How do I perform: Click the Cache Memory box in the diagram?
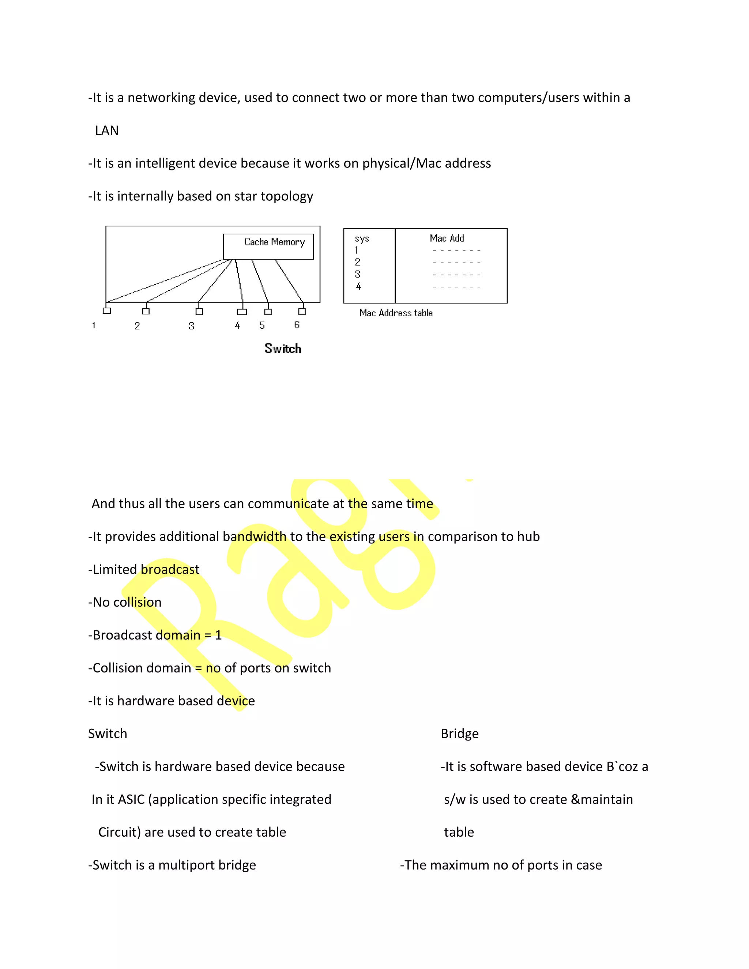tap(268, 246)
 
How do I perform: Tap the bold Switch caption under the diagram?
tap(283, 349)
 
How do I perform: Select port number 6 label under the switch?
tap(297, 325)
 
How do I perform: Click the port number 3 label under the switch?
tap(191, 326)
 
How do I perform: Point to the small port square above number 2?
tap(146, 311)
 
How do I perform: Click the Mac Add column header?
tap(447, 238)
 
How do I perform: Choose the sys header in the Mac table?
tap(362, 239)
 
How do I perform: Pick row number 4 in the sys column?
tap(358, 287)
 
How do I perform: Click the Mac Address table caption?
tap(396, 313)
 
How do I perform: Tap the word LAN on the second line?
tap(106, 131)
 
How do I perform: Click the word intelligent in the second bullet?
tap(165, 163)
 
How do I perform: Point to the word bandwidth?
tap(255, 537)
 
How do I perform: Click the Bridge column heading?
tap(460, 734)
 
